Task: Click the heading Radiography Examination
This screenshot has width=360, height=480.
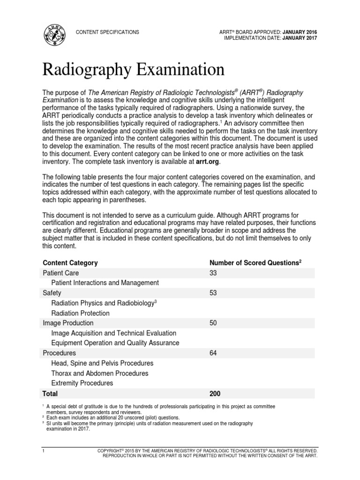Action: (x=133, y=70)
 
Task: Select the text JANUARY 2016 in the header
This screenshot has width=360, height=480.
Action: (x=300, y=32)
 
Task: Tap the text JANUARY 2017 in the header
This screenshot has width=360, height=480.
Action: (x=300, y=38)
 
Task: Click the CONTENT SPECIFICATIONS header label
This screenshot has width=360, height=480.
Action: (x=108, y=32)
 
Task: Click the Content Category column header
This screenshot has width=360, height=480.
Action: (x=70, y=262)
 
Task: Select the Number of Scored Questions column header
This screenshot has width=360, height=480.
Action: (x=255, y=262)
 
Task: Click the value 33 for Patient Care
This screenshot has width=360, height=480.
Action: (x=214, y=273)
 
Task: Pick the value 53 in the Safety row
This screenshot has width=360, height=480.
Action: (x=214, y=293)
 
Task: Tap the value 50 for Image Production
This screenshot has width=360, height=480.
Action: (x=214, y=323)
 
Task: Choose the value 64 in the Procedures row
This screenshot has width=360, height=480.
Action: (x=214, y=353)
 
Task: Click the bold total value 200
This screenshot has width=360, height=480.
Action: (x=215, y=394)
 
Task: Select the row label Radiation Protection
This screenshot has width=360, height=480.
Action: (x=80, y=313)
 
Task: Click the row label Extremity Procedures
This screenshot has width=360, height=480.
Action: (x=82, y=383)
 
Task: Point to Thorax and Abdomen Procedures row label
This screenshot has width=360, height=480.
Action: (x=100, y=373)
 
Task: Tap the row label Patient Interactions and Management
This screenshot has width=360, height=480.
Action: (x=105, y=283)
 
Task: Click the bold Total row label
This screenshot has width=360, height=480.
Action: (x=50, y=394)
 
